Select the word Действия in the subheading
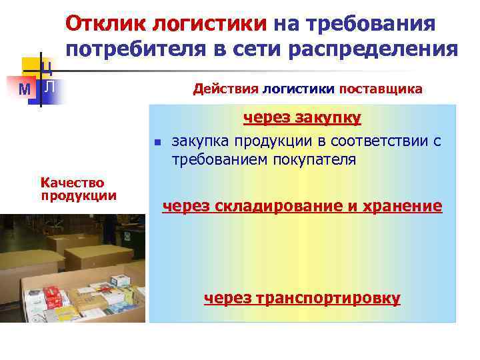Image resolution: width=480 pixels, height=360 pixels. [x=225, y=89]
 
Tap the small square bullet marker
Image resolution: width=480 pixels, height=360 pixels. [x=156, y=142]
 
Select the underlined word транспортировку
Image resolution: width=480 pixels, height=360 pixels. [x=331, y=298]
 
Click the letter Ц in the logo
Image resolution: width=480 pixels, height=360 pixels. [x=47, y=66]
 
